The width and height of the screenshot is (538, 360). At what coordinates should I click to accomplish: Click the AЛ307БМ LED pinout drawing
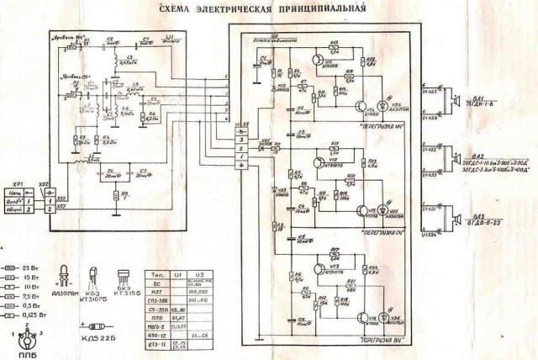pos(65,274)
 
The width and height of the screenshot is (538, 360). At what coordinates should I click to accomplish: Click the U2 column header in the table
pos(200,275)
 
